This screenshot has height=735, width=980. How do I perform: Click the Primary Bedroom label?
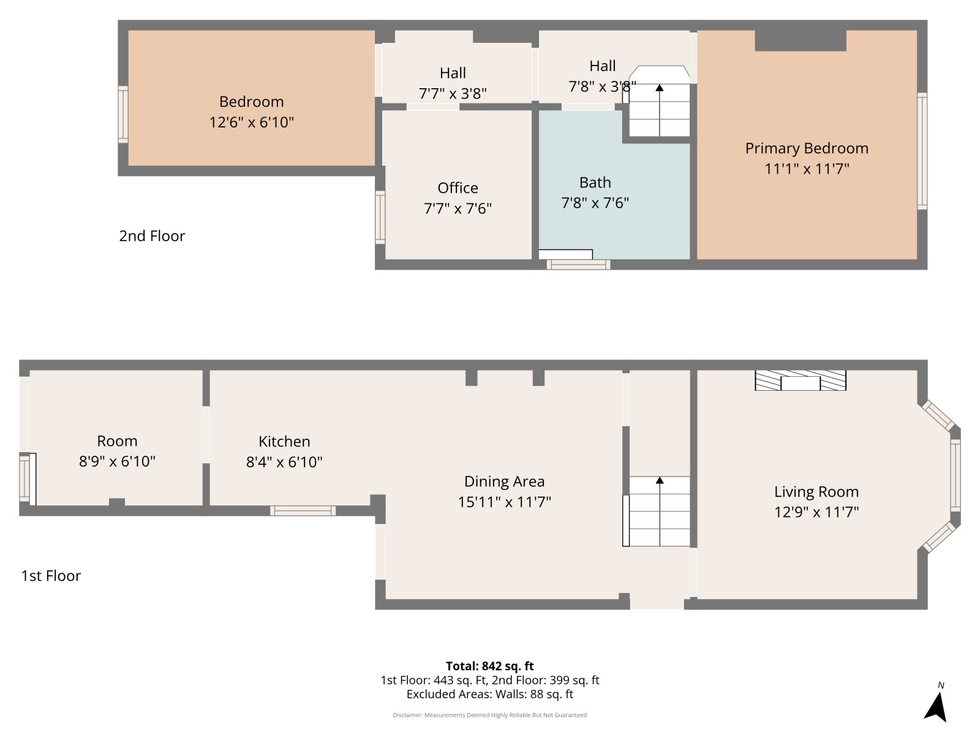pyautogui.click(x=806, y=148)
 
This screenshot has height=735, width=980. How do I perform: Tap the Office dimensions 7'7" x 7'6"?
pyautogui.click(x=458, y=208)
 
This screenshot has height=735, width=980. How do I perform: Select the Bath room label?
pyautogui.click(x=595, y=183)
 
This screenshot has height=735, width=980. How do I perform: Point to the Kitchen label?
pyautogui.click(x=284, y=442)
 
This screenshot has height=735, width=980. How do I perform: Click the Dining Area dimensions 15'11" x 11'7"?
pyautogui.click(x=504, y=502)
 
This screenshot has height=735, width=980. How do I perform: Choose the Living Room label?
pyautogui.click(x=816, y=492)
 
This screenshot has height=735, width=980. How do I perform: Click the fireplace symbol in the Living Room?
pyautogui.click(x=800, y=380)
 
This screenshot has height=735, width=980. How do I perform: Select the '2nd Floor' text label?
pyautogui.click(x=152, y=236)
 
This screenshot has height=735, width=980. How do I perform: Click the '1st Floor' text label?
pyautogui.click(x=51, y=576)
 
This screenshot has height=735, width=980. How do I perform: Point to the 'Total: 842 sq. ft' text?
pyautogui.click(x=490, y=666)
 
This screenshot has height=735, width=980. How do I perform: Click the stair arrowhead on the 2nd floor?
pyautogui.click(x=660, y=88)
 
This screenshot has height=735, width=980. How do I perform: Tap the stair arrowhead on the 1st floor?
pyautogui.click(x=660, y=480)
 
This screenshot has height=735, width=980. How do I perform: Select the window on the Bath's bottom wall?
pyautogui.click(x=579, y=265)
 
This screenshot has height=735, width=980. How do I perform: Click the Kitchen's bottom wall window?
pyautogui.click(x=303, y=511)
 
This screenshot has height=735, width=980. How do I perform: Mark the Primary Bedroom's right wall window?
pyautogui.click(x=922, y=151)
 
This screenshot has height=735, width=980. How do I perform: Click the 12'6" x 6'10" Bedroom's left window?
pyautogui.click(x=123, y=115)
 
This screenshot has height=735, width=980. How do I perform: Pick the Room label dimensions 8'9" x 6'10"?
pyautogui.click(x=117, y=461)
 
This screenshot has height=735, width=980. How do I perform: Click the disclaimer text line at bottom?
pyautogui.click(x=490, y=715)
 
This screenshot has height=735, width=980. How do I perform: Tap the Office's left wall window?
pyautogui.click(x=380, y=217)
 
